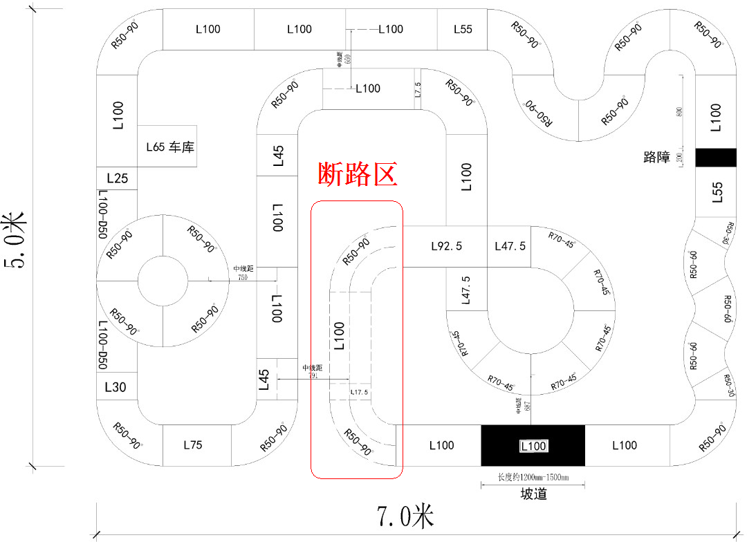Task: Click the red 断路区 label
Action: click(357, 174)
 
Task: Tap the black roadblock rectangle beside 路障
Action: click(716, 157)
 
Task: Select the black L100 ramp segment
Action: click(533, 446)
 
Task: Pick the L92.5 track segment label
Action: click(446, 246)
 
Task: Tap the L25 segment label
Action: click(117, 178)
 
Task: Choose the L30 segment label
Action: click(116, 387)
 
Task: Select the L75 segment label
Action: click(192, 445)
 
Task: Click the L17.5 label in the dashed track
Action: click(359, 393)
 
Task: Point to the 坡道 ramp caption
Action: click(533, 494)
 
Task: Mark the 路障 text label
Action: click(656, 158)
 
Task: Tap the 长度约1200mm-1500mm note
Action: click(533, 477)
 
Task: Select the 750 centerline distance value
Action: click(243, 277)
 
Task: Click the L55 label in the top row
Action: click(463, 29)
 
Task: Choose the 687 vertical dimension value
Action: click(528, 407)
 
